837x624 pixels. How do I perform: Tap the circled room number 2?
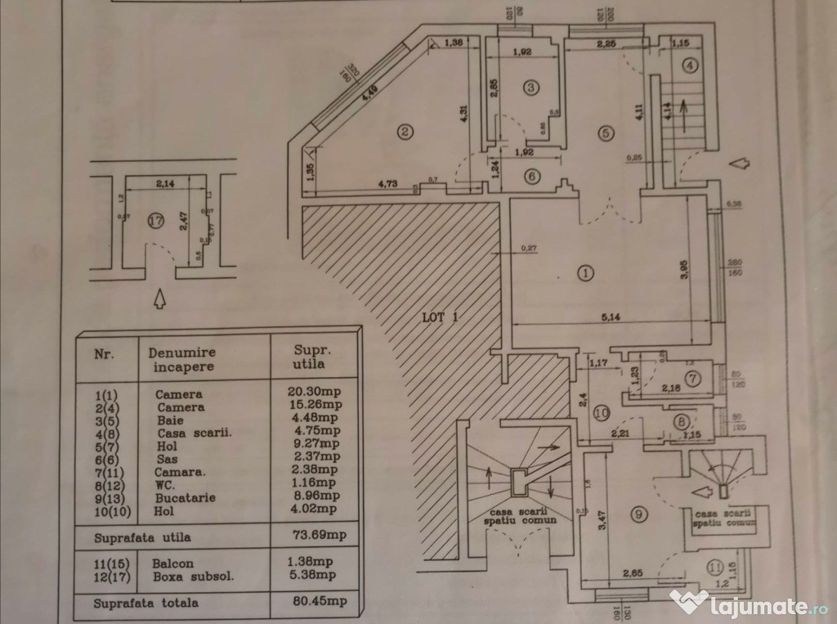point(402,130)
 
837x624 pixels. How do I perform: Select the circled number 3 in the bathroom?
point(530,87)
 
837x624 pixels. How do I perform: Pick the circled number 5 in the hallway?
point(605,133)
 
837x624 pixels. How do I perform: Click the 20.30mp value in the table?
point(315,393)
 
